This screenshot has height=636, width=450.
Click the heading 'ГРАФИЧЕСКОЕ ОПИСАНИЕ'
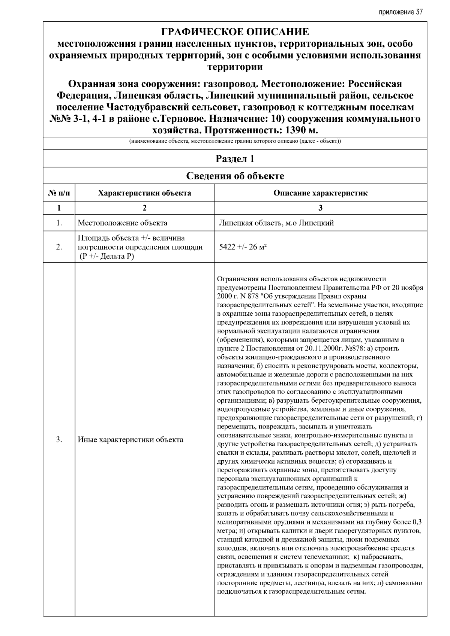coord(235,32)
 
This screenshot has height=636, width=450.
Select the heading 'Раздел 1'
coord(235,159)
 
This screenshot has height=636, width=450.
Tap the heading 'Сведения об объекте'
coord(235,176)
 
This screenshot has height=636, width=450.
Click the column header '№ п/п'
coord(59,193)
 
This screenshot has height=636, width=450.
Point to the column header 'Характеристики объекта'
coord(144,193)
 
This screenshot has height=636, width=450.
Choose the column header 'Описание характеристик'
coord(320,193)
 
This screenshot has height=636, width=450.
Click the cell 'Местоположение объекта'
coord(123,223)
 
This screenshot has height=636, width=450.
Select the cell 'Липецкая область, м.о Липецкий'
coord(276,223)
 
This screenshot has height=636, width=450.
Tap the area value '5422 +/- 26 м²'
coord(243,247)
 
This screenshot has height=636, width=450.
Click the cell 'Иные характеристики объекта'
coord(130,440)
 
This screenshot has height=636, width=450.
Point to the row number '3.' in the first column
coord(59,440)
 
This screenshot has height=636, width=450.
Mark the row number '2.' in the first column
coord(59,247)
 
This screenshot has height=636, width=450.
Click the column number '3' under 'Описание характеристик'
coord(320,208)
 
